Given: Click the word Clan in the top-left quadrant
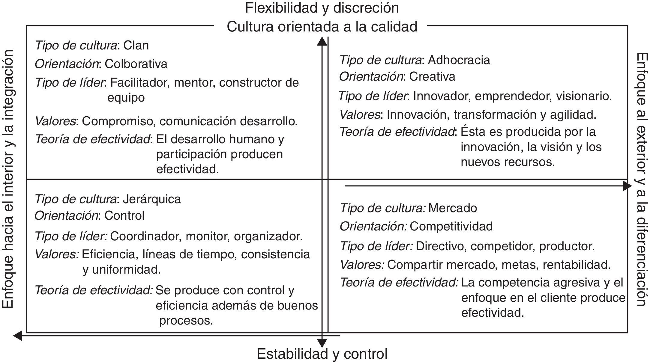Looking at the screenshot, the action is click(136, 46).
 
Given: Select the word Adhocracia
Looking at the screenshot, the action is click(459, 60).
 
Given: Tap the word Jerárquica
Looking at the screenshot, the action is click(152, 199).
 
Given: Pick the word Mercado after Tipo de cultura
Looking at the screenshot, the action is click(453, 208).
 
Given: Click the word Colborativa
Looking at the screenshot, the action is click(136, 64).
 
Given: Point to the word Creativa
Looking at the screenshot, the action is click(432, 77).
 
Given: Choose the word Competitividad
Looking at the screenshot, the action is click(451, 226).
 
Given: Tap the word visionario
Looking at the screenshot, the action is click(584, 96).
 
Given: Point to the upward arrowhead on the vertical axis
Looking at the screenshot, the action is click(322, 41).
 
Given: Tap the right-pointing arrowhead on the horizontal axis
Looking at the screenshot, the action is click(627, 186).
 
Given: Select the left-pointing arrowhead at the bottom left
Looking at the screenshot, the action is click(18, 336).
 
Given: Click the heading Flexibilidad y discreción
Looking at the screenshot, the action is click(322, 8).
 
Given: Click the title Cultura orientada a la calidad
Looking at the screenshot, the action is click(322, 27).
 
